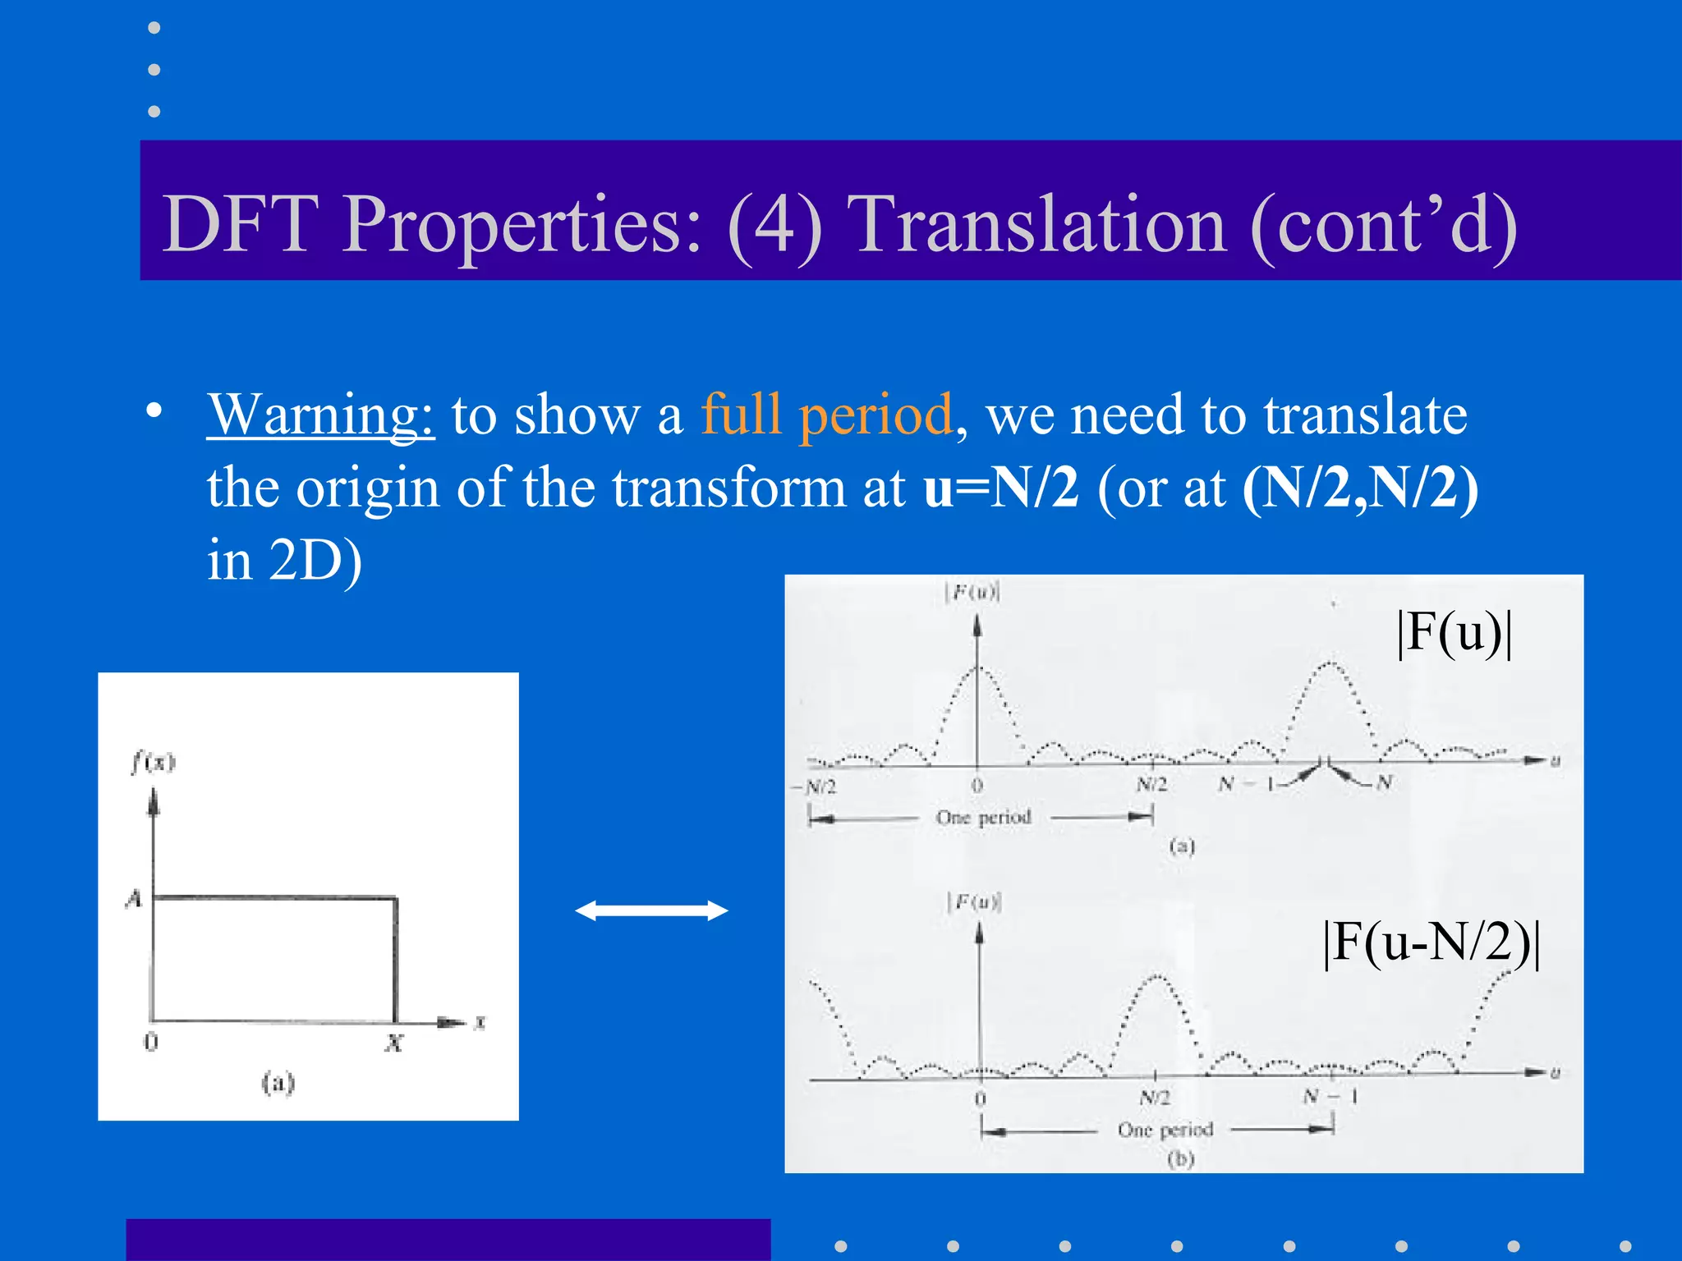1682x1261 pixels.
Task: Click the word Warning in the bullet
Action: coord(320,415)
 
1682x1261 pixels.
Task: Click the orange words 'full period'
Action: coord(825,415)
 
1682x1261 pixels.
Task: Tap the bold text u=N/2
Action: coord(1000,488)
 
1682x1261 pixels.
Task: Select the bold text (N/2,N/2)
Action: coord(1360,488)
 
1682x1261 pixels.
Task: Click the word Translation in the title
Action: coord(1036,224)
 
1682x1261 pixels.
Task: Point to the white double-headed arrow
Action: coord(651,910)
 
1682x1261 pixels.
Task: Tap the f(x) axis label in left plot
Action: coord(153,763)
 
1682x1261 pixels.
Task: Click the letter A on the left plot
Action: coord(134,899)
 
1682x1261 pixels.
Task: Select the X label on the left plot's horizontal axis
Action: coord(394,1043)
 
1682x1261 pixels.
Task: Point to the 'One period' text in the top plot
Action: coord(983,818)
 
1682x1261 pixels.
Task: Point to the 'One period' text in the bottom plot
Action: coord(1165,1130)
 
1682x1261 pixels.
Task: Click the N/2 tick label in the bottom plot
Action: coord(1155,1098)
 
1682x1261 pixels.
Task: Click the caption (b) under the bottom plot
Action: coord(1180,1159)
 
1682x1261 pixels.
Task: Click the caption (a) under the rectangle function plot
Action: coord(278,1083)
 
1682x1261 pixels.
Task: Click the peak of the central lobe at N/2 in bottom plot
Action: coord(1157,977)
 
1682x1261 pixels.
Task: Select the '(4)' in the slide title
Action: coord(774,224)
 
